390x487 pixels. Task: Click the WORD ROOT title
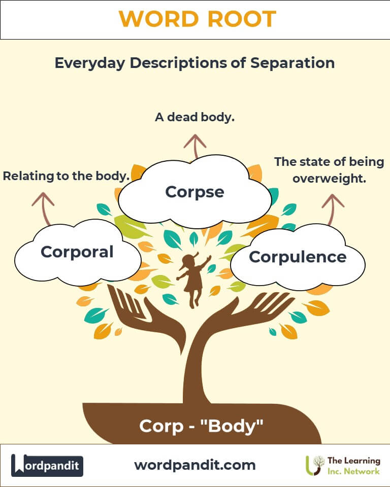pos(198,19)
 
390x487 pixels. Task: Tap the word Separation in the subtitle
pos(292,63)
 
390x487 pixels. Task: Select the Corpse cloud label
pos(194,192)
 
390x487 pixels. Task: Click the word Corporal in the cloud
pos(77,252)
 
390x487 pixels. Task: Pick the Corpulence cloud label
pos(298,257)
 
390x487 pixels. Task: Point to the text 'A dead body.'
pos(194,117)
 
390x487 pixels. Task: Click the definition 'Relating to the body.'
pos(66,176)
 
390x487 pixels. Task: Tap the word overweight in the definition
pos(330,179)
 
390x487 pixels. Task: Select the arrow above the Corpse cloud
pos(196,147)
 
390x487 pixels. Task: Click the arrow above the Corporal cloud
pos(45,208)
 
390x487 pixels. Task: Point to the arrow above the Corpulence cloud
pos(332,208)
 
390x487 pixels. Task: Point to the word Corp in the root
pos(161,427)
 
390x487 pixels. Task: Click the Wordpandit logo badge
pos(47,466)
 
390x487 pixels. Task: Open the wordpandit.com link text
pos(195,465)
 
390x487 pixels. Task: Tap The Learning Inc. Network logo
pos(343,466)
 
